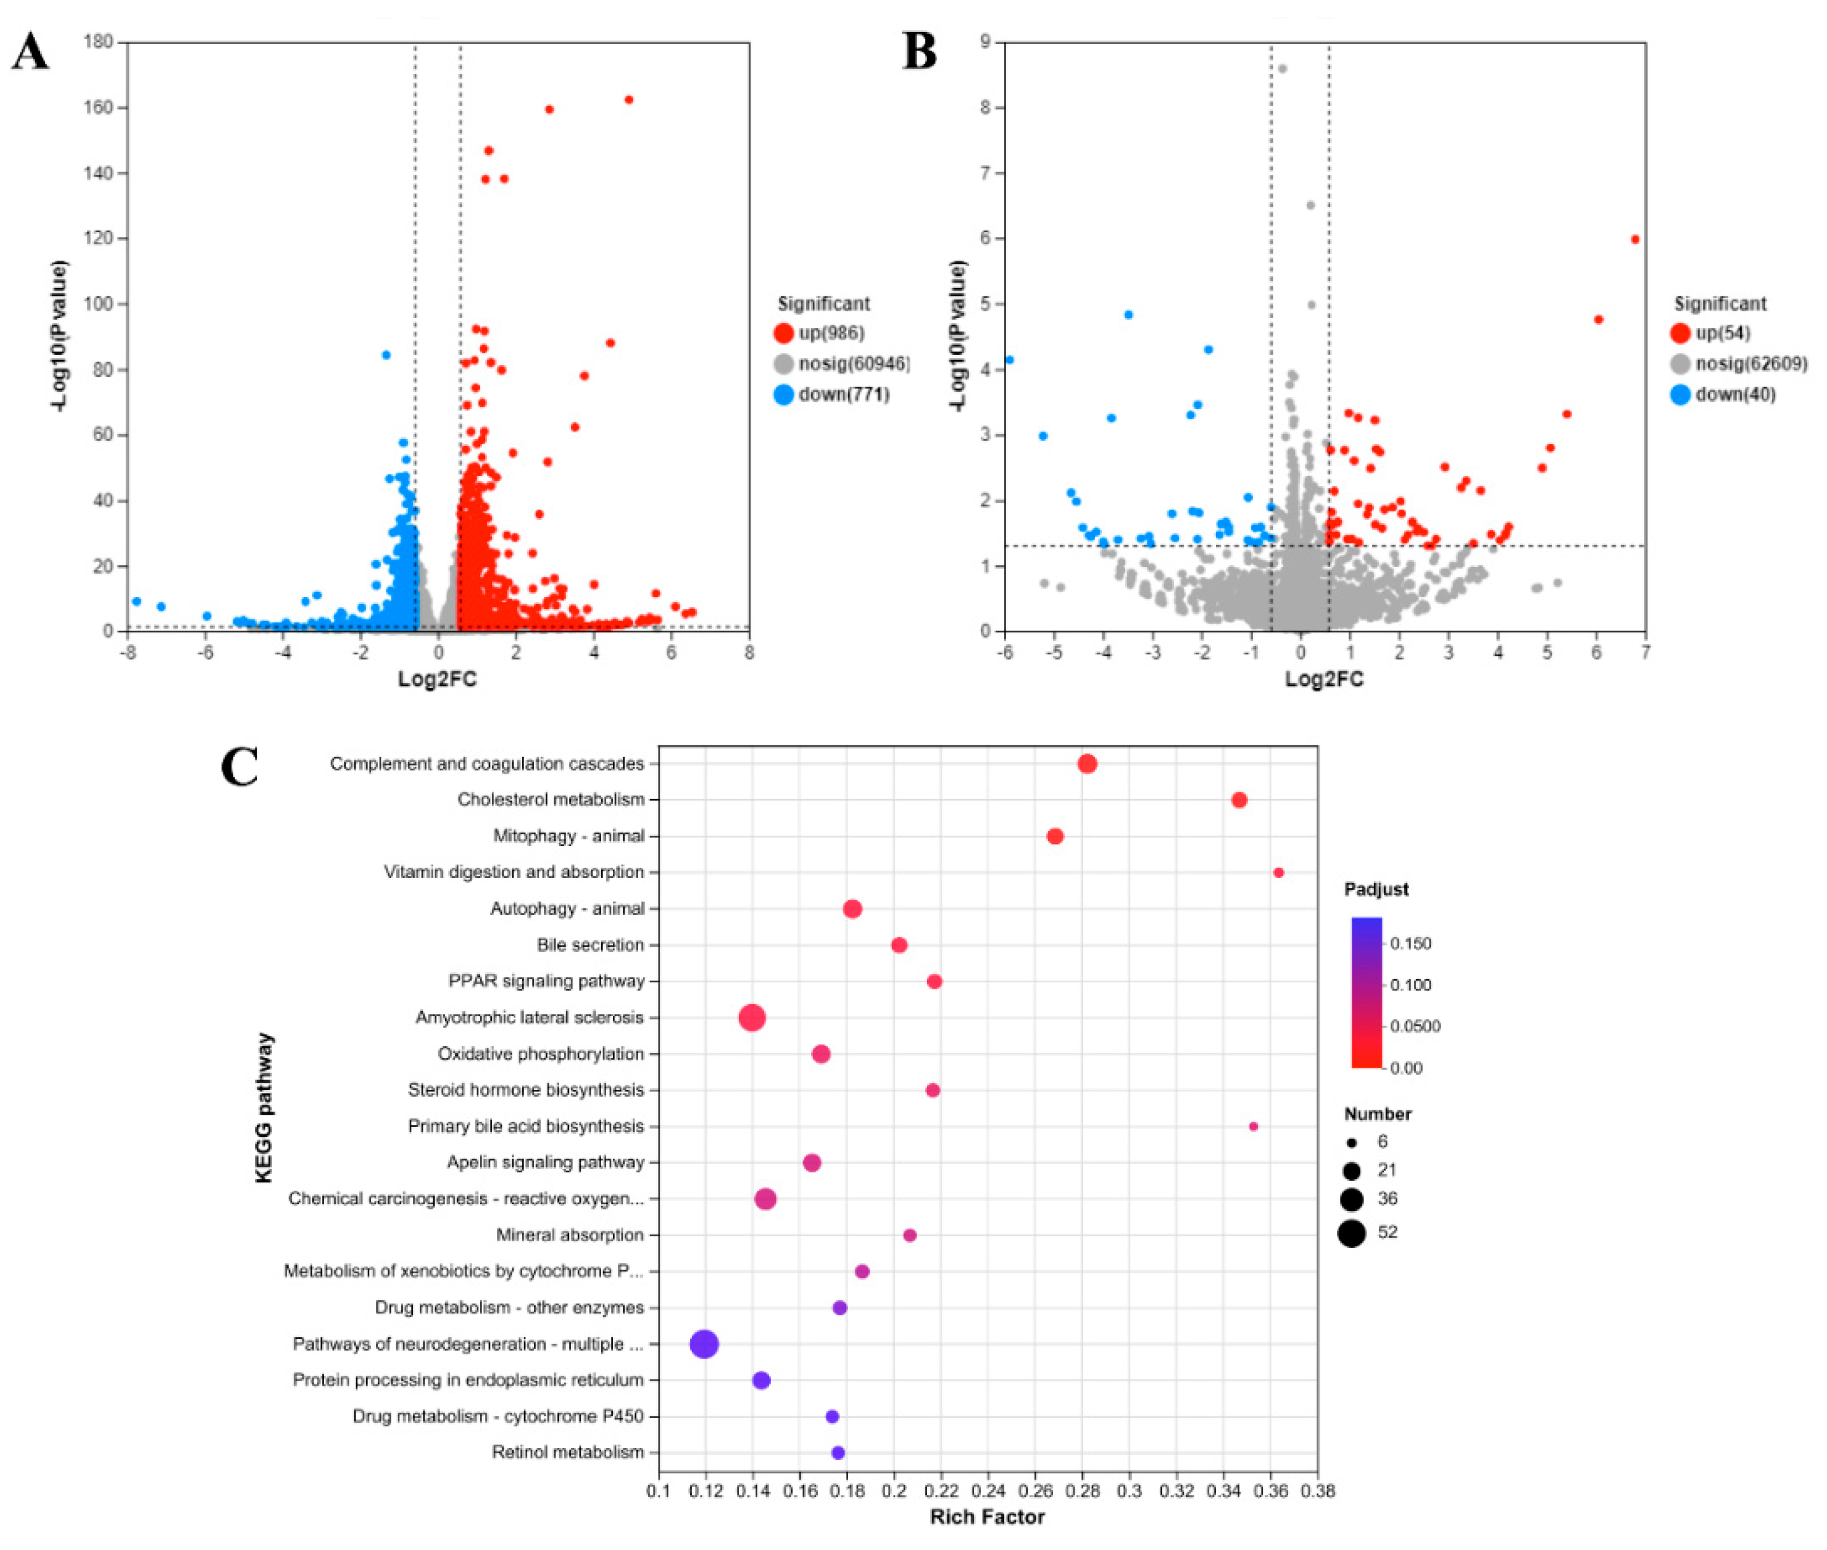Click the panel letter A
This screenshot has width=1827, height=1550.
point(29,52)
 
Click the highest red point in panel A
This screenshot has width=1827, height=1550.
point(628,100)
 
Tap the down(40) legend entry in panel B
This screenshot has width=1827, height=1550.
point(1723,395)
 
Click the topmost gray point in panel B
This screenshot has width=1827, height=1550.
point(1281,69)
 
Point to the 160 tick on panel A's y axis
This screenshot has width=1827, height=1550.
point(98,108)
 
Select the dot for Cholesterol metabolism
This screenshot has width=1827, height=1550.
point(1239,800)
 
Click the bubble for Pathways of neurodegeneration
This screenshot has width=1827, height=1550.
point(704,1344)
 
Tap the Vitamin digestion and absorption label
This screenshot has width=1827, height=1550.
point(514,872)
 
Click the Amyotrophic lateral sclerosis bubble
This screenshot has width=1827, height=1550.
point(752,1018)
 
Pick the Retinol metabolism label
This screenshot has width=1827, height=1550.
point(567,1452)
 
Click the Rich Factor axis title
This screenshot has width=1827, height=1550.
point(988,1517)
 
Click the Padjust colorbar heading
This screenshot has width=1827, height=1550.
point(1376,889)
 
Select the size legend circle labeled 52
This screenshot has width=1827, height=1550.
point(1352,1233)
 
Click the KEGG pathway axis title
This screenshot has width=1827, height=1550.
point(264,1107)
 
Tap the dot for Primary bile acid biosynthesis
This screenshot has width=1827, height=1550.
point(1254,1126)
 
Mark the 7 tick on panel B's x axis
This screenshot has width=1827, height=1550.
point(1645,652)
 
